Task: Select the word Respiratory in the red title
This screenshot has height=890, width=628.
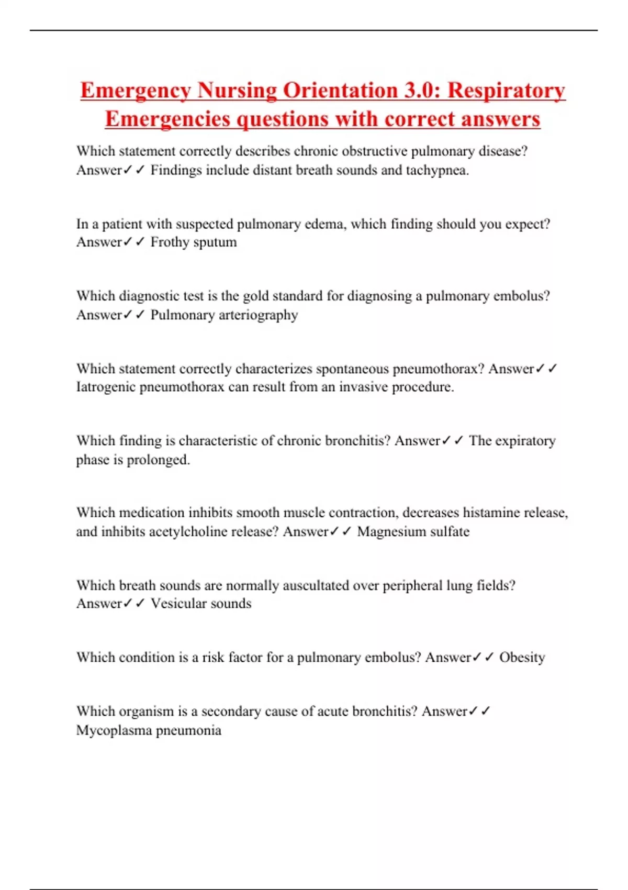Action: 506,91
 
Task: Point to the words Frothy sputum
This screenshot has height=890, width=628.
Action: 194,242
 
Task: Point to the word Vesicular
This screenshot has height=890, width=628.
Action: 178,603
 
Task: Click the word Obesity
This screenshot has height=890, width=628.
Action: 522,657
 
